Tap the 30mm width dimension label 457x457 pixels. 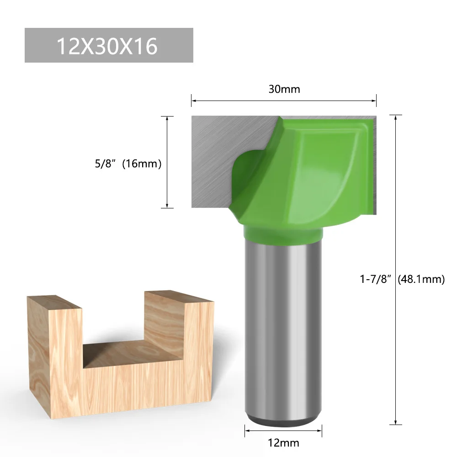[284, 89]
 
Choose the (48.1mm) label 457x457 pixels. [421, 279]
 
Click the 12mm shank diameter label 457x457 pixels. [284, 442]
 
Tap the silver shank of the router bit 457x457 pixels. [283, 329]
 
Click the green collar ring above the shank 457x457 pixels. [283, 234]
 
